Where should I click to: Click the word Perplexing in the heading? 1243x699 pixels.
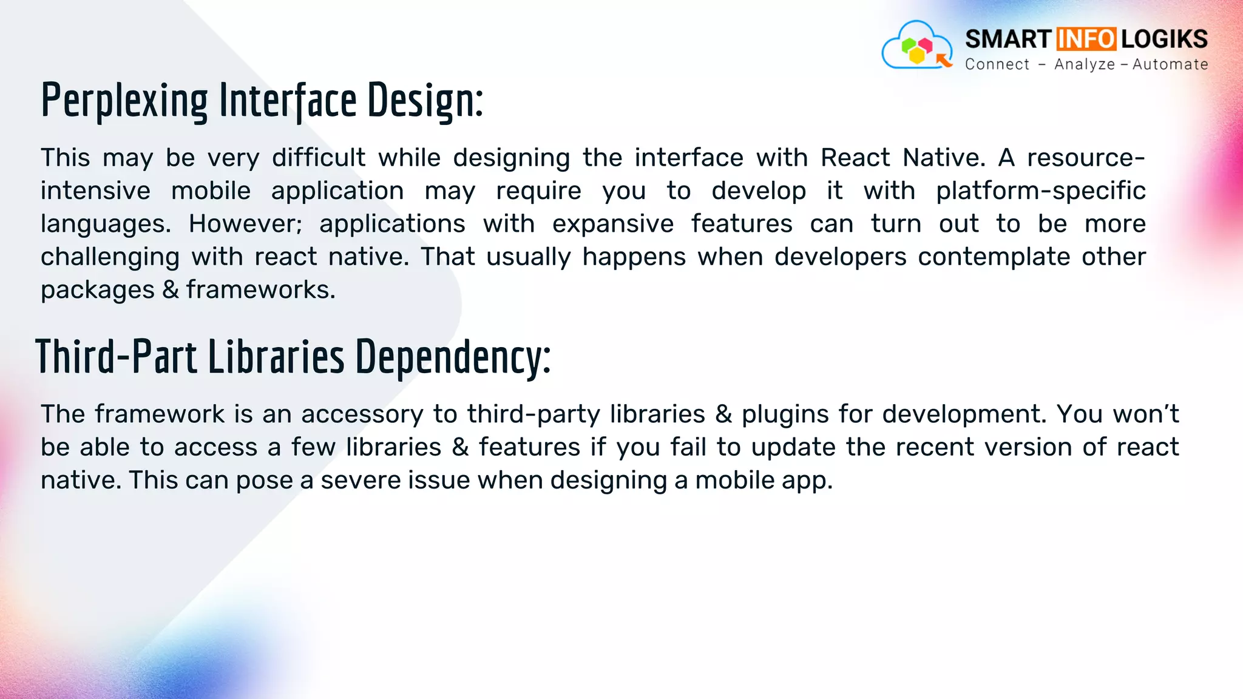point(124,101)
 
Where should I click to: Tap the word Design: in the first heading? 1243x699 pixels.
point(425,101)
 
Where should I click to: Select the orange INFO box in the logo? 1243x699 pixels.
point(1086,39)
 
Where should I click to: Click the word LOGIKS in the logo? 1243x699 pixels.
point(1164,39)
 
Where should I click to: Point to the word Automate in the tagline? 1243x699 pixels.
point(1170,64)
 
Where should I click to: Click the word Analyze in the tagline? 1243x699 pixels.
point(1085,64)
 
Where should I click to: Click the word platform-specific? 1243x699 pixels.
point(1040,191)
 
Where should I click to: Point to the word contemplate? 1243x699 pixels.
point(994,257)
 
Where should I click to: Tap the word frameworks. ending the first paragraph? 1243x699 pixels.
point(260,290)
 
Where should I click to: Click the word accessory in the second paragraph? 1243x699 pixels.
point(362,414)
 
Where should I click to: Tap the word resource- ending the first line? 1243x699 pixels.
point(1086,158)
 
